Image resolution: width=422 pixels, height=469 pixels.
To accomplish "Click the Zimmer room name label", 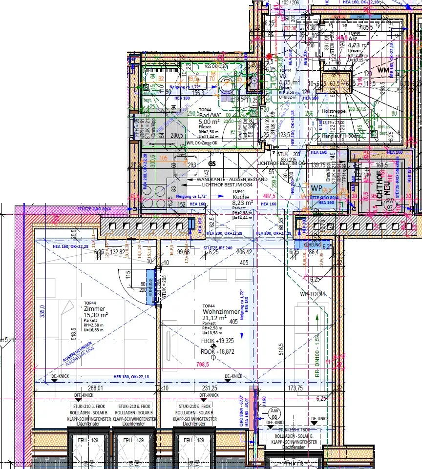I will point(95,309).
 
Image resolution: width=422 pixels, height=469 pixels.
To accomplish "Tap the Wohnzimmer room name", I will point(221,311).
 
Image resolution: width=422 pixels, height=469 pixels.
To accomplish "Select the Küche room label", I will point(241,197).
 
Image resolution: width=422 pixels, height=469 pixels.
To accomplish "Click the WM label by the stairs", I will point(382,70).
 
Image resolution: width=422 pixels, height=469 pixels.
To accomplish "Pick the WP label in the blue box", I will point(316,187).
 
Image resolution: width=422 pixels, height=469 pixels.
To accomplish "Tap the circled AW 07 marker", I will point(389,203).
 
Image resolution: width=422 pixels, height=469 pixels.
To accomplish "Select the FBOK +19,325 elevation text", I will point(217,341).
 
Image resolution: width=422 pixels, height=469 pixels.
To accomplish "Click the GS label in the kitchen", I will point(212,164).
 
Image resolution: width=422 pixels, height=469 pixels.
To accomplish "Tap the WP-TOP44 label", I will point(313,294).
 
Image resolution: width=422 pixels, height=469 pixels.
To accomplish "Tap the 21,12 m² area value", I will point(215,318).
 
